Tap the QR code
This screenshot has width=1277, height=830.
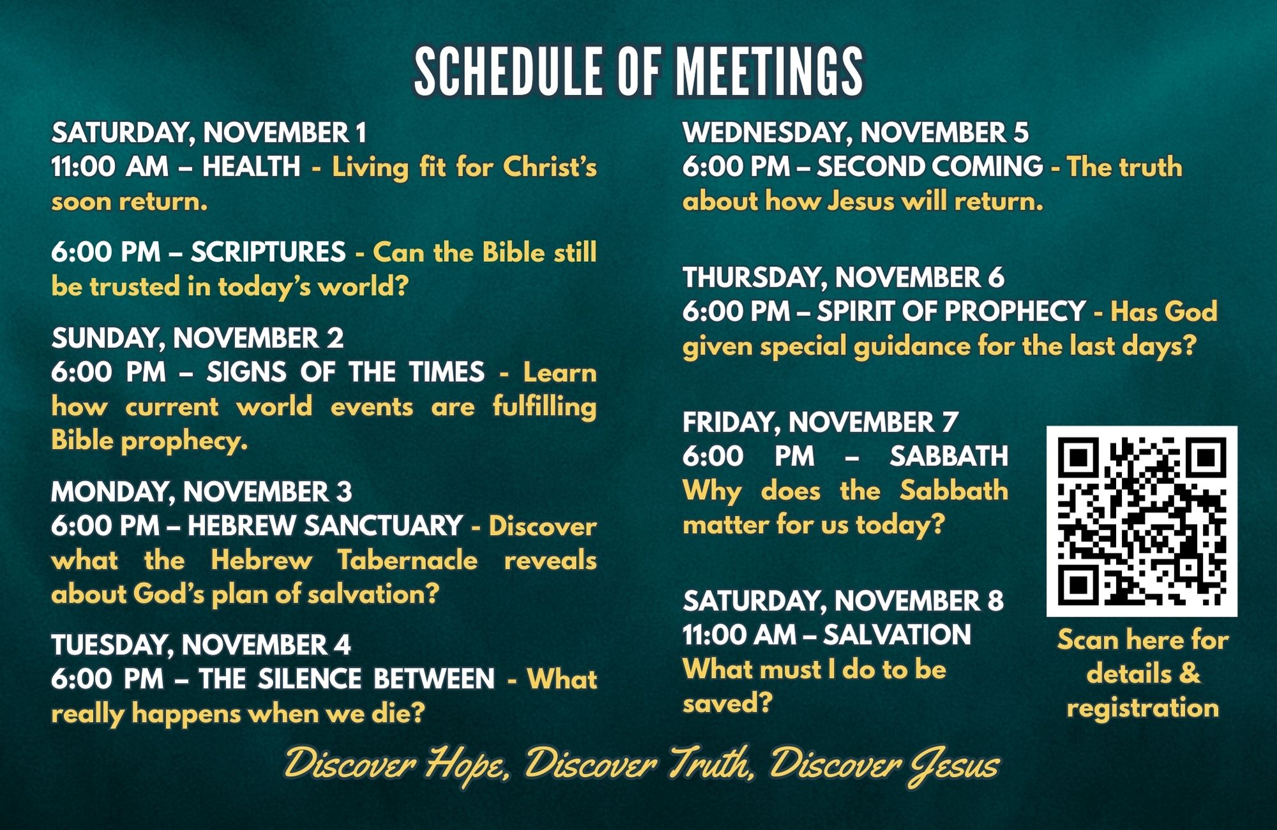coord(1142,521)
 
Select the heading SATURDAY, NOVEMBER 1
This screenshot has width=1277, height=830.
coord(209,133)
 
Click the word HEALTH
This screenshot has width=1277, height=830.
coord(251,167)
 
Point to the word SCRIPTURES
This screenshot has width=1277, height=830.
coord(268,252)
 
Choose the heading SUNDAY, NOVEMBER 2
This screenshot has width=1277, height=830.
coord(197,338)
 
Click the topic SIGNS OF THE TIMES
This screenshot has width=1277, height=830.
coord(345,372)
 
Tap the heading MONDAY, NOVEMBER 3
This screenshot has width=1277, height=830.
coord(201,492)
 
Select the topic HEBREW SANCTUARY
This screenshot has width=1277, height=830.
coord(325,526)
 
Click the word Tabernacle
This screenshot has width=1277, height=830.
coord(408,561)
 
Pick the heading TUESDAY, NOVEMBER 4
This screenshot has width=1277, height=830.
coord(200,645)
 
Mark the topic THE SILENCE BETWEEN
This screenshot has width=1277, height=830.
coord(346,679)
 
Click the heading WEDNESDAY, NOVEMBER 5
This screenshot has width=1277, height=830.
coord(856,133)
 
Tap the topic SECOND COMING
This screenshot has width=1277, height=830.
coord(930,167)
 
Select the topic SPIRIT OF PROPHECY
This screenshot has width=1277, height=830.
coord(951,312)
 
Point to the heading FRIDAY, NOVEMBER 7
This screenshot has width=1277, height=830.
coord(820,423)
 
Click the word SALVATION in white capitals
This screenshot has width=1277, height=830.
coord(896,635)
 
